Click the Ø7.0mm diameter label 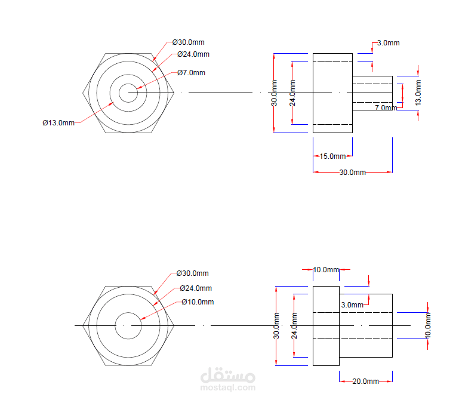(x=192, y=73)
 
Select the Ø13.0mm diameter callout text (x=58, y=123)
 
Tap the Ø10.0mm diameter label (x=198, y=302)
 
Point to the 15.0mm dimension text (x=332, y=156)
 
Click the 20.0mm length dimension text (x=365, y=381)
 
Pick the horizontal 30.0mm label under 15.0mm (x=353, y=172)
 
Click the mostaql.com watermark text (x=228, y=387)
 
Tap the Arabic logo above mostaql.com (x=228, y=375)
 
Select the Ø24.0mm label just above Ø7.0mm (x=193, y=54)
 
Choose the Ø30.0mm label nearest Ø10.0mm (x=193, y=273)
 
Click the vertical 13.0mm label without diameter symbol (x=418, y=93)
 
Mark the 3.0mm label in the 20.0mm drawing (x=352, y=305)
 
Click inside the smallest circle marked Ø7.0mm (x=128, y=93)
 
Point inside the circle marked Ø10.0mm (x=128, y=325)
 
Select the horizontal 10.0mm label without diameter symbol (x=326, y=270)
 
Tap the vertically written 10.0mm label (x=427, y=325)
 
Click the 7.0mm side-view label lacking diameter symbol (x=386, y=107)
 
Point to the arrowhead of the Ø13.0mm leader (x=112, y=103)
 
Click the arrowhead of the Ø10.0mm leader (x=142, y=319)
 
